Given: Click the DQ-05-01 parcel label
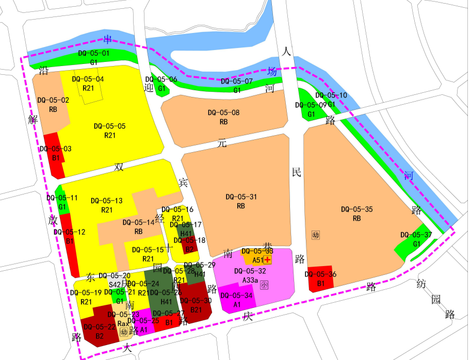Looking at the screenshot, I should [93, 54].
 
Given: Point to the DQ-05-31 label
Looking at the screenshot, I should [241, 197].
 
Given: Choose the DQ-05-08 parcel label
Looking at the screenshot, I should [223, 112].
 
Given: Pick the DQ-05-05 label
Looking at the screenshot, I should [109, 126].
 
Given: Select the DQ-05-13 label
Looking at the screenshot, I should [106, 201].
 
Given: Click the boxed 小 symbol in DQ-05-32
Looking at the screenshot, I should [264, 284].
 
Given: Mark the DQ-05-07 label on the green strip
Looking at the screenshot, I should [237, 81].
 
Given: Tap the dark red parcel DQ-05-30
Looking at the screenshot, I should [196, 307].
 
